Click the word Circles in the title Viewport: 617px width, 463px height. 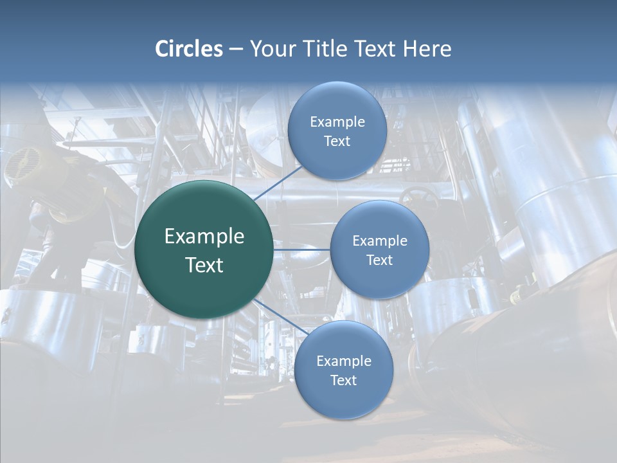[x=188, y=49]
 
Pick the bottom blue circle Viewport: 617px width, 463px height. [x=343, y=399]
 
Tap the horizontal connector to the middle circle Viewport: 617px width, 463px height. [x=302, y=250]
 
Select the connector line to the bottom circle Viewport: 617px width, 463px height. [x=280, y=316]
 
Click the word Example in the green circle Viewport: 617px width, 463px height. [x=204, y=237]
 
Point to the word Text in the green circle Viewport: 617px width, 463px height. [x=204, y=265]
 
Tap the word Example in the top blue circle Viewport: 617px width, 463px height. [x=337, y=122]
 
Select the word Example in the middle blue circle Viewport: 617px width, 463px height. [x=380, y=241]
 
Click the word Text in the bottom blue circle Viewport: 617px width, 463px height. [x=343, y=380]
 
